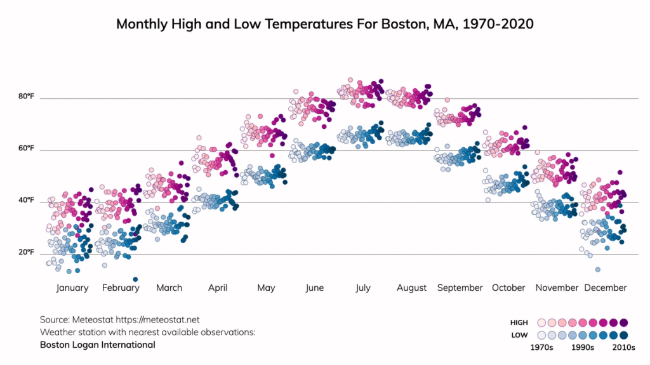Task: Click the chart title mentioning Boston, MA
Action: click(324, 24)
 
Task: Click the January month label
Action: click(72, 288)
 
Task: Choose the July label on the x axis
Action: click(362, 288)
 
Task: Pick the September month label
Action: click(460, 288)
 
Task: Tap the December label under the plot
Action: click(605, 288)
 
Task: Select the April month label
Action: click(218, 288)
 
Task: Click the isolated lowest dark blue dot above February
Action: click(135, 279)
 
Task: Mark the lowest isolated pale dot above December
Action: click(597, 270)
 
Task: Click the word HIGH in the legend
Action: click(519, 323)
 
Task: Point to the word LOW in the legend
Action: click(519, 335)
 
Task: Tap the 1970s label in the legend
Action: click(541, 348)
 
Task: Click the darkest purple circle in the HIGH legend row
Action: click(623, 322)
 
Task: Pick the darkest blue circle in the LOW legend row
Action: click(623, 335)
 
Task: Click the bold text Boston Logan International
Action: click(97, 345)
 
